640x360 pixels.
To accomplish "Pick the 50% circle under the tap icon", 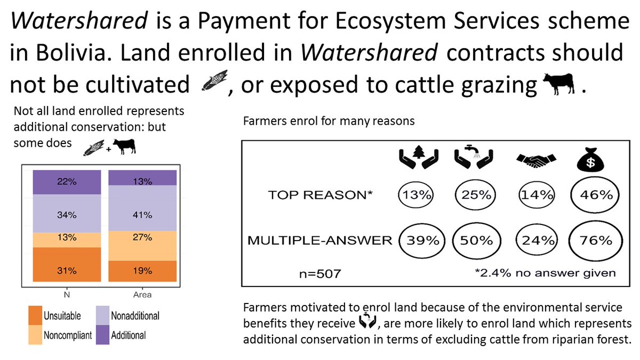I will [x=477, y=241].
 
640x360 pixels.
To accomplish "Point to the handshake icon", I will [x=537, y=159].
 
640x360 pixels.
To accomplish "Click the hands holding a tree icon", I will [x=420, y=157].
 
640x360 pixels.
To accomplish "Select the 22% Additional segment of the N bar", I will [x=67, y=182].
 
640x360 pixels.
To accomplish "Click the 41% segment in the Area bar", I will [x=142, y=215].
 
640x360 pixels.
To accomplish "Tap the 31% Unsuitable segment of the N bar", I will [x=67, y=270].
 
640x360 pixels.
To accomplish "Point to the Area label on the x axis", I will [x=142, y=294].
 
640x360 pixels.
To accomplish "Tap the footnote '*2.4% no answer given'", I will [x=545, y=273].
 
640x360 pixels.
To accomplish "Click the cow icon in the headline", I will [x=558, y=84].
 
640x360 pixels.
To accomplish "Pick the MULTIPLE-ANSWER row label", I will [x=319, y=241].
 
